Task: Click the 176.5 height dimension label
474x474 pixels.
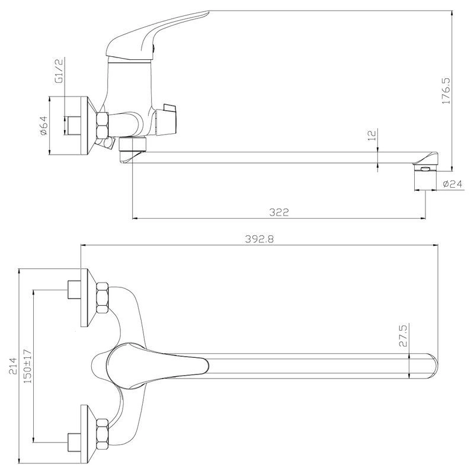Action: (446, 91)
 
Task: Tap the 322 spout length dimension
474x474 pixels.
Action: (279, 212)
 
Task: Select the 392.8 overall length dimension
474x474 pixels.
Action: (260, 239)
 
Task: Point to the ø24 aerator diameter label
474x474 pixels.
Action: (453, 184)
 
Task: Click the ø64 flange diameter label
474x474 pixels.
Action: (44, 126)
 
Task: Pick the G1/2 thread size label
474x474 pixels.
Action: (59, 71)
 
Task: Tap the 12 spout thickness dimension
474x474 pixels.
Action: (373, 135)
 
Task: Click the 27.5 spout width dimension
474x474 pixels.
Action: (403, 335)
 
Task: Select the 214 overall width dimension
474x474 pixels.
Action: (13, 366)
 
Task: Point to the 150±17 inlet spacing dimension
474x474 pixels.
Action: (28, 366)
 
